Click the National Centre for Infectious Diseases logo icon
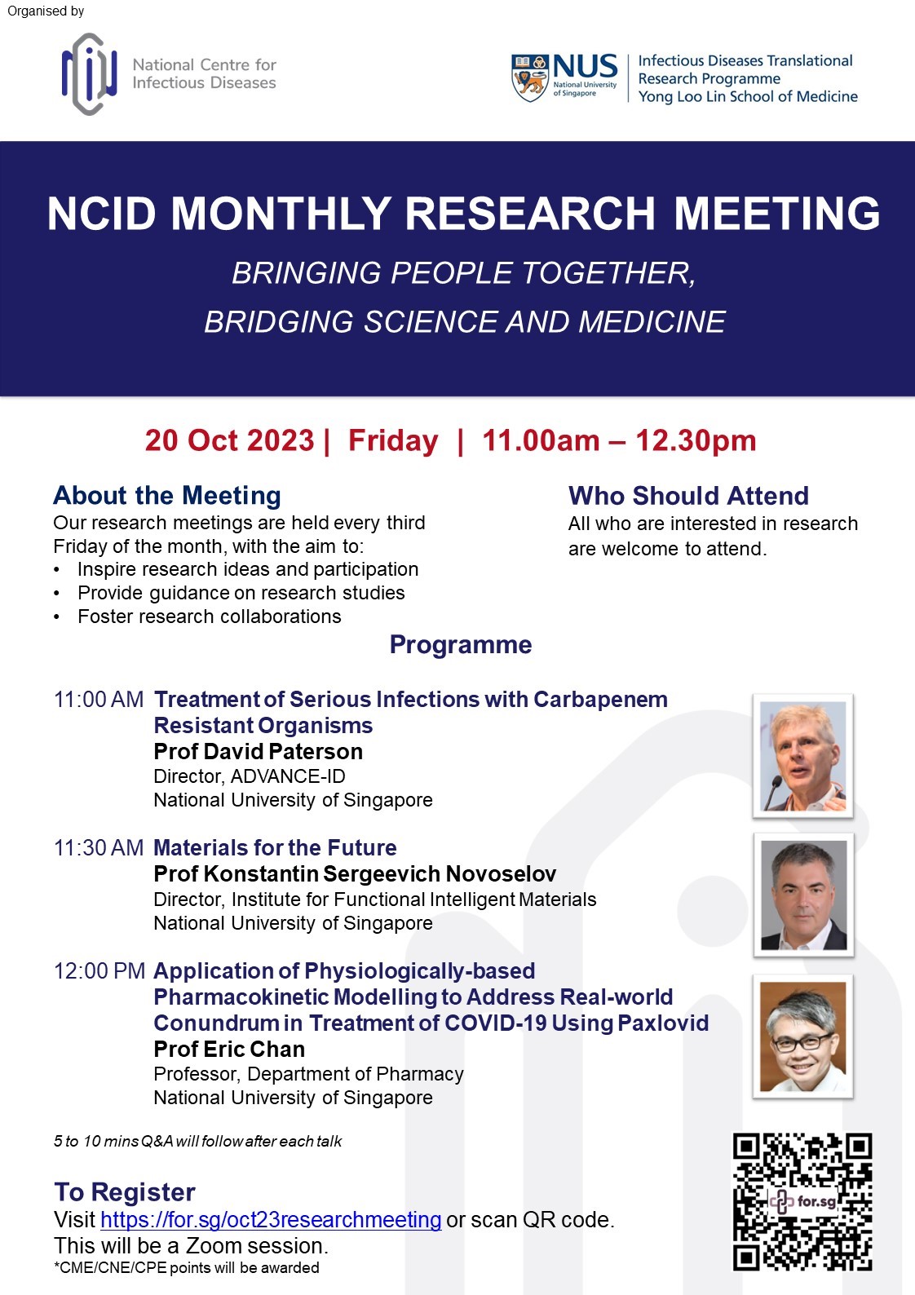tap(89, 74)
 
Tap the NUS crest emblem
tap(530, 77)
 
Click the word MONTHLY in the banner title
tap(281, 214)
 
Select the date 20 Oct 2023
tap(229, 440)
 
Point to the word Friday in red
tap(393, 441)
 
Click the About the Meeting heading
tap(167, 496)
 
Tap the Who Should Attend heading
tap(688, 496)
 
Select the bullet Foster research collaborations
tap(210, 617)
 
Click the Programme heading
tap(461, 644)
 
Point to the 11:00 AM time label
tap(98, 700)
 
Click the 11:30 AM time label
tap(98, 848)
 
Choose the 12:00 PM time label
tap(99, 971)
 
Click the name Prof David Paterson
tap(258, 752)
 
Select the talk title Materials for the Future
tap(275, 847)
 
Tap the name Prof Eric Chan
tap(229, 1050)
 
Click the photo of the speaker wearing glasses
tap(802, 1036)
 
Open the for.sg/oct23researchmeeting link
tap(271, 1219)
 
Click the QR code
tap(802, 1200)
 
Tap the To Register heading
tap(125, 1191)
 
